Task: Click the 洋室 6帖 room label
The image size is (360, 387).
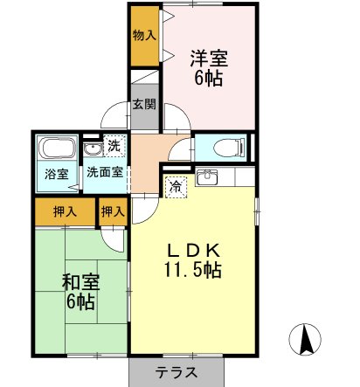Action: tap(209, 67)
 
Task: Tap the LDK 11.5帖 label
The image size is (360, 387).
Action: tap(193, 260)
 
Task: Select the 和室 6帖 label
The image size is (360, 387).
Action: tap(80, 292)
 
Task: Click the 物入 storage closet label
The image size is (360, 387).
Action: tap(144, 36)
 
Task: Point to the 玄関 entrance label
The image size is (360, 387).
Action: tap(144, 104)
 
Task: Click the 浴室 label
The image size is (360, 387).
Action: tap(57, 174)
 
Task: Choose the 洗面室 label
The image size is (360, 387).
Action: tap(105, 172)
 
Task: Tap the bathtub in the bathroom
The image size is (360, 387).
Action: tap(57, 148)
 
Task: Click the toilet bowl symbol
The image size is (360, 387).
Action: tap(228, 148)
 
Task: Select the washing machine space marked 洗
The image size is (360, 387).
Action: tap(114, 146)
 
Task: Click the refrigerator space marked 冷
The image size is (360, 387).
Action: tap(176, 187)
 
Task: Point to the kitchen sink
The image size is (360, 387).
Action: tap(206, 176)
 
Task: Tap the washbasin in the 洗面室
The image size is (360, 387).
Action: tap(92, 149)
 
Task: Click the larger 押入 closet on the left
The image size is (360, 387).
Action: tap(66, 211)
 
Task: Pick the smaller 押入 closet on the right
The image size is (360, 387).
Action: tap(113, 211)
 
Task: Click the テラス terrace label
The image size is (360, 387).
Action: tap(177, 373)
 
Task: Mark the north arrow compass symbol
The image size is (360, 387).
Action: tap(305, 339)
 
